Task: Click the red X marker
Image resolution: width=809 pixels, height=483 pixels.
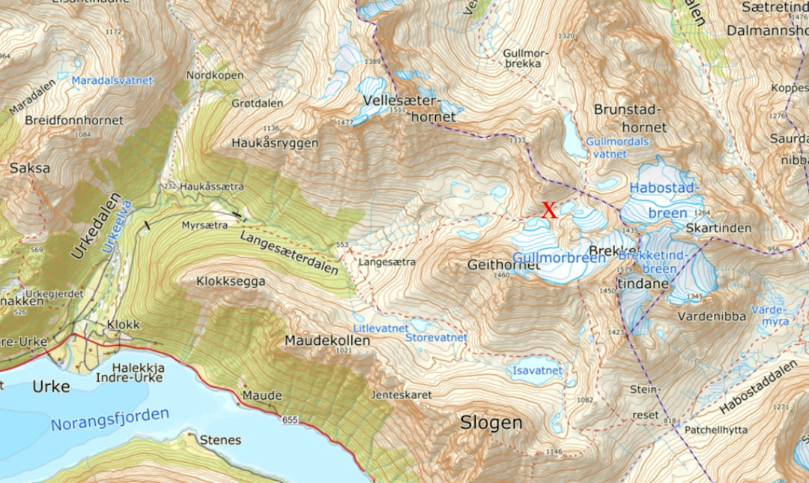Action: (x=550, y=211)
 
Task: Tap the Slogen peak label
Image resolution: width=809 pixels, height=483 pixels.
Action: (x=491, y=423)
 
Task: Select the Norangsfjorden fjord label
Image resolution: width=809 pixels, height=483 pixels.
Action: (x=110, y=420)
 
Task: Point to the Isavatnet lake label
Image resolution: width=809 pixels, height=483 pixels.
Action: (x=537, y=370)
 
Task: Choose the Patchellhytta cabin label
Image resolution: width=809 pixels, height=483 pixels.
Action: (x=714, y=430)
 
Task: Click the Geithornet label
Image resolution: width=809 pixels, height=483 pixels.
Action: (x=503, y=265)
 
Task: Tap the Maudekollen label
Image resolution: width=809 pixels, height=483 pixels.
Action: (x=327, y=340)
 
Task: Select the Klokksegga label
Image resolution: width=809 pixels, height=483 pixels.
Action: (x=231, y=282)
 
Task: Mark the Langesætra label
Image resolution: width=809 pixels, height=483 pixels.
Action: (x=387, y=263)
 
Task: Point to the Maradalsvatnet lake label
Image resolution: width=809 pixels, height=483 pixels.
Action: (x=112, y=80)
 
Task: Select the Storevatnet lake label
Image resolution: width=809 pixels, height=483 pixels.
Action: (x=435, y=338)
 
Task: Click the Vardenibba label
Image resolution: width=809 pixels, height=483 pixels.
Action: (x=712, y=316)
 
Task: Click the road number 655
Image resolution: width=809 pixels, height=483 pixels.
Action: (x=291, y=419)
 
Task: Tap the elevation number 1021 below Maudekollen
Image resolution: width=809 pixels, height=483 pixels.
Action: (x=344, y=351)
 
